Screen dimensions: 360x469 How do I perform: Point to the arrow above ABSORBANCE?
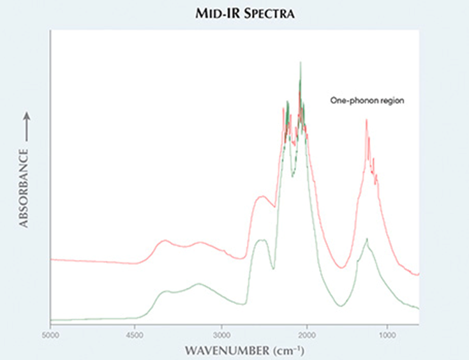[25, 126]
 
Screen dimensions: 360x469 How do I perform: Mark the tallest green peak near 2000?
[300, 63]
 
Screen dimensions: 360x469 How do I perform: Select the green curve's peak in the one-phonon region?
[366, 239]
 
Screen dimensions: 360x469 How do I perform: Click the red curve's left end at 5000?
[51, 259]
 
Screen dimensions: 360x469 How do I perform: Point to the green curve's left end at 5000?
[51, 319]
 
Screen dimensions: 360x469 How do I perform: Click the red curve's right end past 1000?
[418, 274]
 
